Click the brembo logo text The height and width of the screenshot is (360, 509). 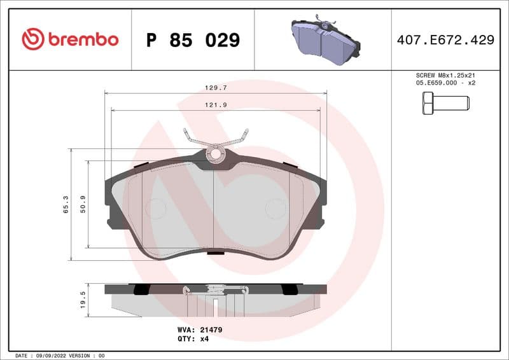click(83, 39)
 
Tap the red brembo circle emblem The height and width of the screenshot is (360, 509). click(33, 39)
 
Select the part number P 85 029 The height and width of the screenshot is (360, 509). click(193, 40)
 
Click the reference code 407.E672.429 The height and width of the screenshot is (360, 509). click(445, 40)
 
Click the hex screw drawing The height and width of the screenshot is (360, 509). click(445, 102)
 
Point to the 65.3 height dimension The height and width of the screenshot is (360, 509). click(66, 204)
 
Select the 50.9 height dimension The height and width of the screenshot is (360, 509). click(83, 204)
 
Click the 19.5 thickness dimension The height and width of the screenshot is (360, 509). click(83, 300)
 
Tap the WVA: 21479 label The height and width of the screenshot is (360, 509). click(199, 330)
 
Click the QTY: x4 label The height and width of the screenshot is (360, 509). click(193, 339)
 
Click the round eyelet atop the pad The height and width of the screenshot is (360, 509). click(215, 153)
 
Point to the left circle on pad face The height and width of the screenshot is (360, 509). click(155, 209)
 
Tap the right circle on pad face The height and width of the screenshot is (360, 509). click(276, 209)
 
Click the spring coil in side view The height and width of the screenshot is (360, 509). click(215, 291)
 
